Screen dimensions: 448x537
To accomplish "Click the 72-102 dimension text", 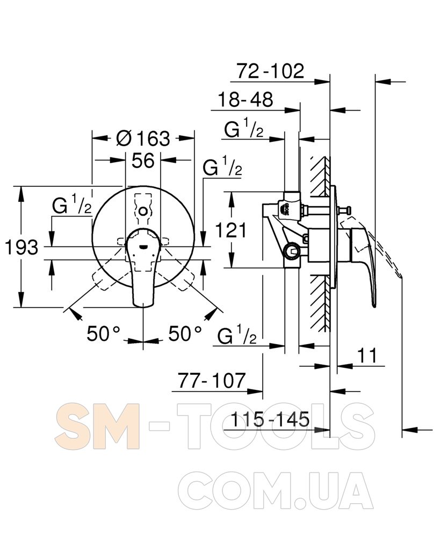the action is click(x=270, y=71).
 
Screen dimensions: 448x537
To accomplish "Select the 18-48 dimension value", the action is click(x=245, y=100).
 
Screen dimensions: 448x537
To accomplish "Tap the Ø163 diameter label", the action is click(x=143, y=138).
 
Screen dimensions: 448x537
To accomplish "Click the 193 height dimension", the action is click(x=21, y=246).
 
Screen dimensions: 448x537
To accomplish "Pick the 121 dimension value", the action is click(x=231, y=230).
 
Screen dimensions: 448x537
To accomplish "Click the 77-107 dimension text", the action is click(x=212, y=380).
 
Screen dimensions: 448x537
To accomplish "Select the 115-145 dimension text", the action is click(x=270, y=419).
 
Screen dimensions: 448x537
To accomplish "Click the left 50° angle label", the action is click(x=104, y=333).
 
